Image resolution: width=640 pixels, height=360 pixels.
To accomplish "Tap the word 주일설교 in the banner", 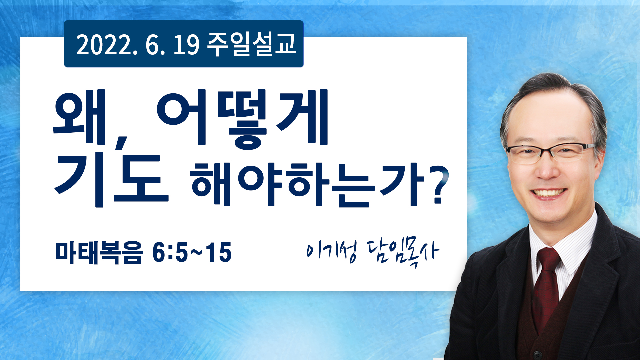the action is coord(252,44).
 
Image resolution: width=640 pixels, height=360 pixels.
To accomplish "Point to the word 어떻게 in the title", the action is coord(242,118).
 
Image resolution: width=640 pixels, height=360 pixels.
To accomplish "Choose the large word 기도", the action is coord(112,180).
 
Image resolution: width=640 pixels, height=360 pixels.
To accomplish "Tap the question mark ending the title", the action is coord(440,185).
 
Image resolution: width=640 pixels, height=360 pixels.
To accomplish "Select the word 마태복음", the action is coord(99,253).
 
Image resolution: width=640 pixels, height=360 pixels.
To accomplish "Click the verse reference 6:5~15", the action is coord(192,253).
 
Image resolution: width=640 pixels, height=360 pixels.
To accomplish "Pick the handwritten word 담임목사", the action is coord(403,253).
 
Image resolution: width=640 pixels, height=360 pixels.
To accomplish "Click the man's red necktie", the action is coord(547,287).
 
